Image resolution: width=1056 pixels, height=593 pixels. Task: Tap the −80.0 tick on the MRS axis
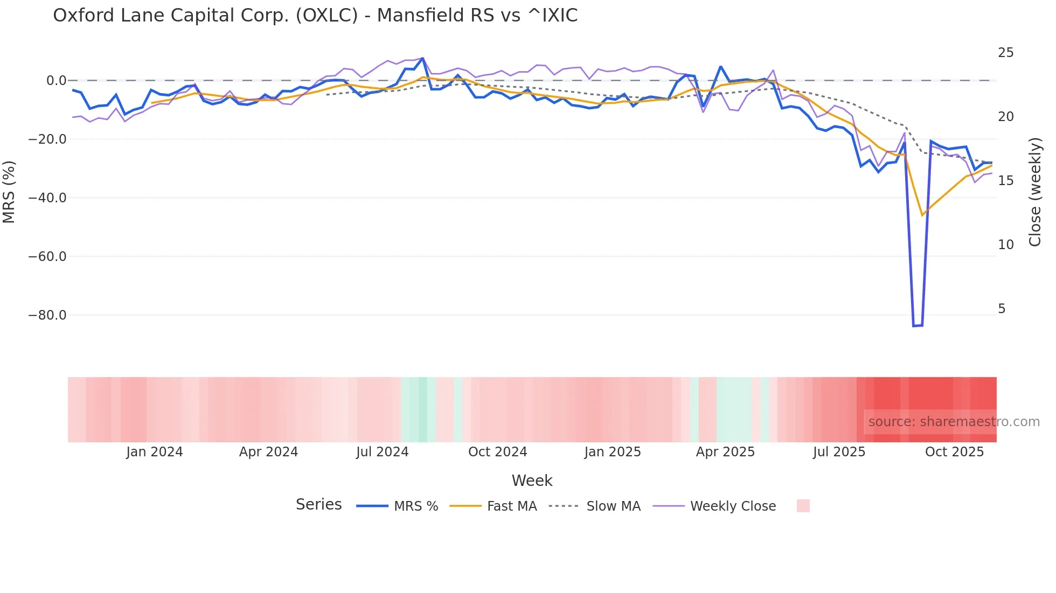(47, 315)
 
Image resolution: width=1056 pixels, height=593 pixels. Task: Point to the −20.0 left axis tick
(47, 139)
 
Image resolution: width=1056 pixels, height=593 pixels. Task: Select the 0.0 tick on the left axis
(56, 81)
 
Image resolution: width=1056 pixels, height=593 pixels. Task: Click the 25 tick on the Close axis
(1005, 53)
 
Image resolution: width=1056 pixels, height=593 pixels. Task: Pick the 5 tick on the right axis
(1002, 309)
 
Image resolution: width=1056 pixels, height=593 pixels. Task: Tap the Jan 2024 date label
(155, 452)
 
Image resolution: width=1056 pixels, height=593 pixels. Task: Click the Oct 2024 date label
(497, 452)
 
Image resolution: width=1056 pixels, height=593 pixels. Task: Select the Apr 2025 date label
(725, 452)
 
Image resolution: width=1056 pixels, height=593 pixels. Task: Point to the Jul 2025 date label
(839, 452)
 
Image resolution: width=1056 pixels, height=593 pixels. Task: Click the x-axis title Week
(532, 481)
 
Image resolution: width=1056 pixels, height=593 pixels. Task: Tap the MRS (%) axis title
(9, 192)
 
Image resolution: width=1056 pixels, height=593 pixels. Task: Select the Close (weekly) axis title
(1035, 192)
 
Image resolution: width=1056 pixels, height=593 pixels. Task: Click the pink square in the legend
(803, 506)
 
